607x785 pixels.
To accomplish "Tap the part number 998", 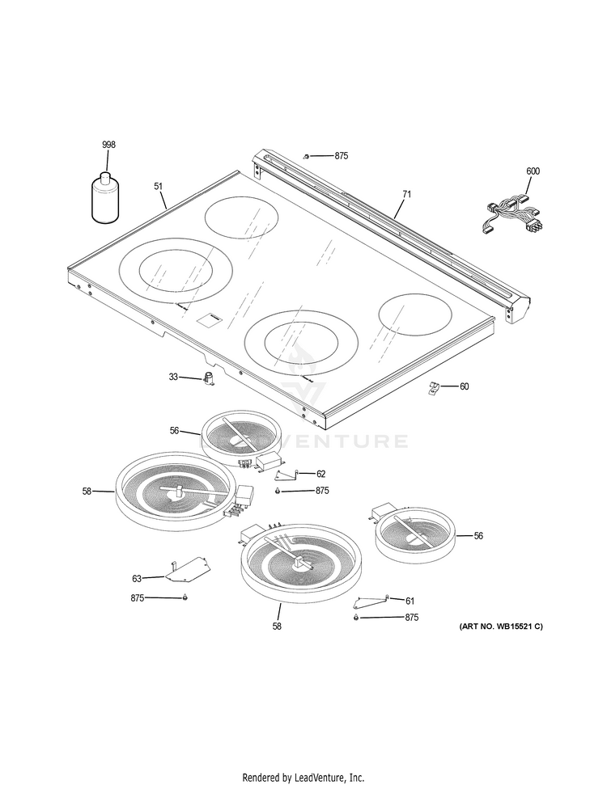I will [x=108, y=144].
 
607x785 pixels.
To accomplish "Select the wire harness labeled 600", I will [x=511, y=215].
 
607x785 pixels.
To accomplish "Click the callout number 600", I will [x=533, y=171].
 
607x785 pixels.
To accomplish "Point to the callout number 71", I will [x=406, y=194].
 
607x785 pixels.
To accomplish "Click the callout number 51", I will [x=159, y=186].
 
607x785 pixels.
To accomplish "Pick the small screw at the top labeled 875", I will [x=306, y=155].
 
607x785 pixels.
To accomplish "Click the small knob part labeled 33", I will [x=210, y=378].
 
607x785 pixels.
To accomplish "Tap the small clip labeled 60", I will [x=434, y=388].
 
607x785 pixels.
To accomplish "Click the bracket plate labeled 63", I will [x=186, y=570].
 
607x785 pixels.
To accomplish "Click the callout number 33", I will [x=173, y=377].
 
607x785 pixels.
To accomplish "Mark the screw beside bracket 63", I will [x=185, y=597].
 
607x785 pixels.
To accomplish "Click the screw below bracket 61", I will [x=357, y=618].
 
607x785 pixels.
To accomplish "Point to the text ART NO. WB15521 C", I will [x=501, y=627].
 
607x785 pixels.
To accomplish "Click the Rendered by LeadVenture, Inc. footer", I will [x=303, y=777].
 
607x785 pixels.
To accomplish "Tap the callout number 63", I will [x=138, y=578].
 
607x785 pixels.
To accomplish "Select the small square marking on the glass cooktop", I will [x=207, y=320].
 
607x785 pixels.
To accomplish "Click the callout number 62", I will [x=320, y=474].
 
